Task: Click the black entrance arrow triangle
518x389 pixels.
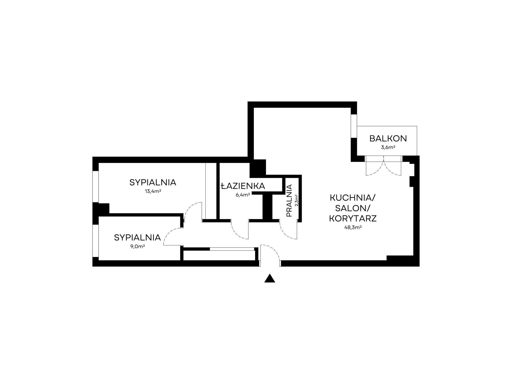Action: click(270, 279)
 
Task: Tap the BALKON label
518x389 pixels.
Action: click(388, 139)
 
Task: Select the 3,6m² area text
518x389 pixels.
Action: click(388, 148)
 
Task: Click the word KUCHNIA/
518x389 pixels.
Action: click(352, 198)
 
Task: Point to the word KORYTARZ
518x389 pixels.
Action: click(353, 218)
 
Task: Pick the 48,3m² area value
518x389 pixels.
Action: click(353, 227)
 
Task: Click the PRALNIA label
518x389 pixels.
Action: click(289, 200)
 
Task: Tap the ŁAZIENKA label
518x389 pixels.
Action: click(243, 186)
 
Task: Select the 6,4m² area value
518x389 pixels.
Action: click(243, 195)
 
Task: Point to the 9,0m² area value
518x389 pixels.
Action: click(137, 247)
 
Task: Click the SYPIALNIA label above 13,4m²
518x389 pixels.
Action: click(153, 183)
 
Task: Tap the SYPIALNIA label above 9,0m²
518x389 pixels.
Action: click(137, 238)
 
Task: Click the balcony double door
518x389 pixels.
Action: click(384, 166)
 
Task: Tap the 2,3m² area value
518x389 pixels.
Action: click(297, 200)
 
